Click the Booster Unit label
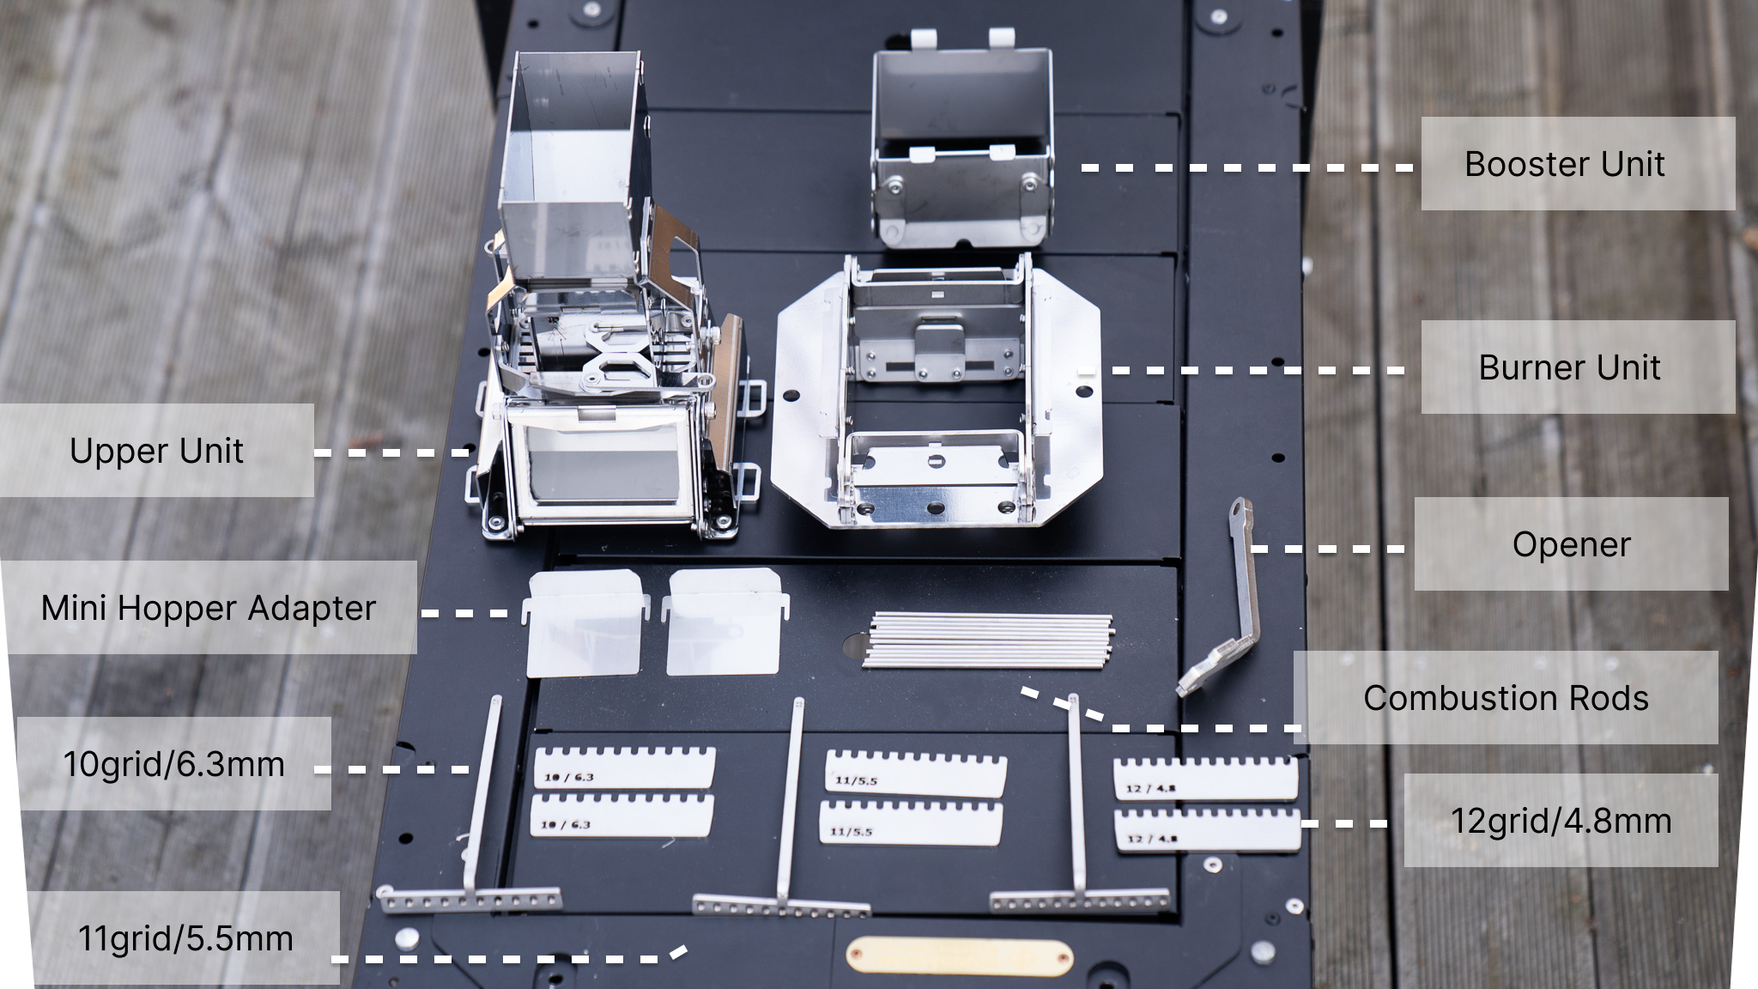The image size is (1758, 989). point(1564,164)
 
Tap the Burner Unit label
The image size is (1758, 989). point(1569,367)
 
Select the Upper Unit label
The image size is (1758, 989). point(156,451)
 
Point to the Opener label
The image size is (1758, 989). point(1571,544)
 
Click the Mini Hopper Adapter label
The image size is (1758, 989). point(209,608)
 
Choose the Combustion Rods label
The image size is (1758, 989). point(1506,698)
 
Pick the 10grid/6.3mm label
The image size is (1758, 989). point(173,764)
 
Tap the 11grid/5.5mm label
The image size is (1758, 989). point(185,938)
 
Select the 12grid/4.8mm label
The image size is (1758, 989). point(1561,821)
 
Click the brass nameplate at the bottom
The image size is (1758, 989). point(959,956)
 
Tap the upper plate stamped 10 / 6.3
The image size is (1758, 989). point(624,768)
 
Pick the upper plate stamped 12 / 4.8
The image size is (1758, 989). point(1206,778)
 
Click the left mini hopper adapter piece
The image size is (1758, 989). point(584,623)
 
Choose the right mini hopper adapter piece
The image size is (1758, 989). point(724,620)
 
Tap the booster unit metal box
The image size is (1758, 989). point(961,142)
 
